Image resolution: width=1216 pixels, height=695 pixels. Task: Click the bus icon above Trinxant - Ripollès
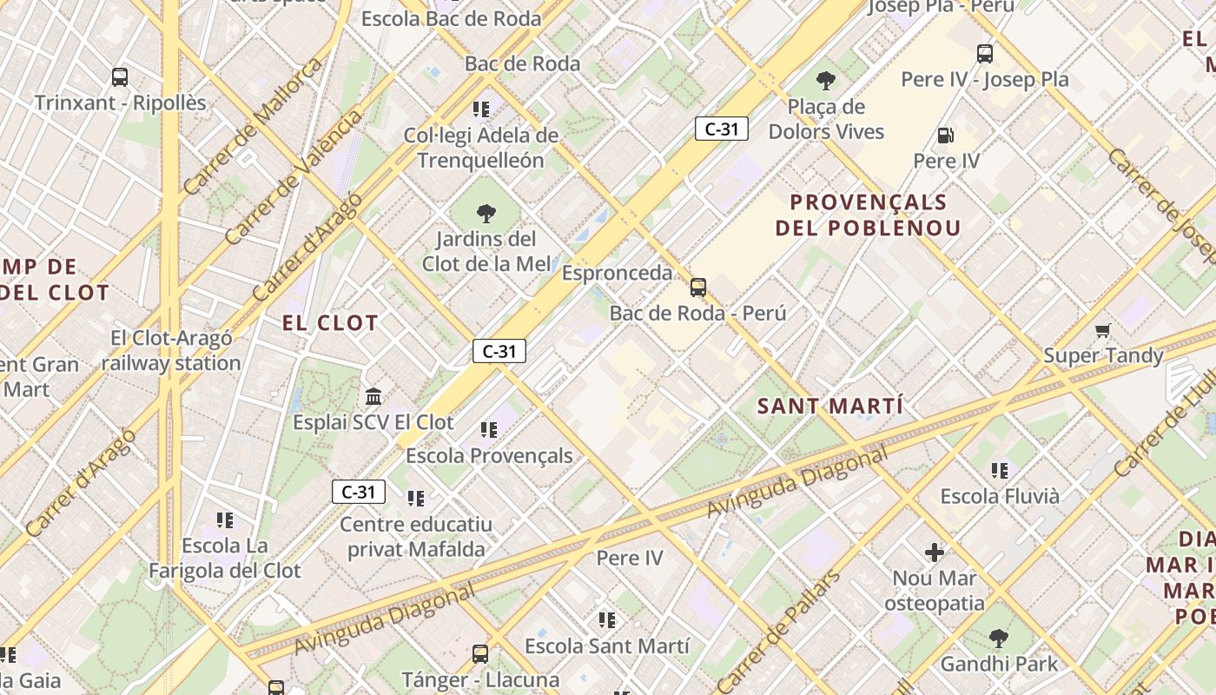pyautogui.click(x=120, y=77)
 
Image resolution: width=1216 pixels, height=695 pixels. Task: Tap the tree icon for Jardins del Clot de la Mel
pyautogui.click(x=486, y=213)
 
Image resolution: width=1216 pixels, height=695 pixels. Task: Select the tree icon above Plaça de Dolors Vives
pyautogui.click(x=826, y=82)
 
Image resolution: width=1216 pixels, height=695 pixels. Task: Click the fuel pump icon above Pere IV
pyautogui.click(x=946, y=136)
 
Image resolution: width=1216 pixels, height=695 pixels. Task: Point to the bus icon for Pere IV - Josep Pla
pyautogui.click(x=985, y=54)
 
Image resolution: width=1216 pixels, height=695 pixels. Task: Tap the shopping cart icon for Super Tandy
pyautogui.click(x=1103, y=330)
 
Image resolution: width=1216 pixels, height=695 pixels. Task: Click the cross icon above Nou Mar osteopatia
pyautogui.click(x=935, y=553)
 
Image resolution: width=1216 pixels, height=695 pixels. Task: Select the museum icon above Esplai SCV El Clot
pyautogui.click(x=373, y=397)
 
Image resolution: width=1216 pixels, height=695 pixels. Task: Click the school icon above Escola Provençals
pyautogui.click(x=489, y=430)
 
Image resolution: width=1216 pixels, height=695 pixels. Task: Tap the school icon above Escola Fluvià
pyautogui.click(x=1000, y=471)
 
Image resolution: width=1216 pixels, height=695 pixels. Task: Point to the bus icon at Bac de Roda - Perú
pyautogui.click(x=698, y=288)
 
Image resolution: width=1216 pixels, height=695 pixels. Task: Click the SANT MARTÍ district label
pyautogui.click(x=829, y=407)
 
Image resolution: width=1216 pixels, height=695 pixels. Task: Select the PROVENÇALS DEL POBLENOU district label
pyautogui.click(x=869, y=215)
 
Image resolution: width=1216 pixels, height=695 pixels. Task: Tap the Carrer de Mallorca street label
pyautogui.click(x=253, y=126)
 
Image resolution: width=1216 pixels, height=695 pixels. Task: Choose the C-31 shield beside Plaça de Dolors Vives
pyautogui.click(x=721, y=129)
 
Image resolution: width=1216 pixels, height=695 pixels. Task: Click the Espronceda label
pyautogui.click(x=617, y=273)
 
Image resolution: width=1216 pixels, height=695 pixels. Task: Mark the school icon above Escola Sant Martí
pyautogui.click(x=607, y=620)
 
